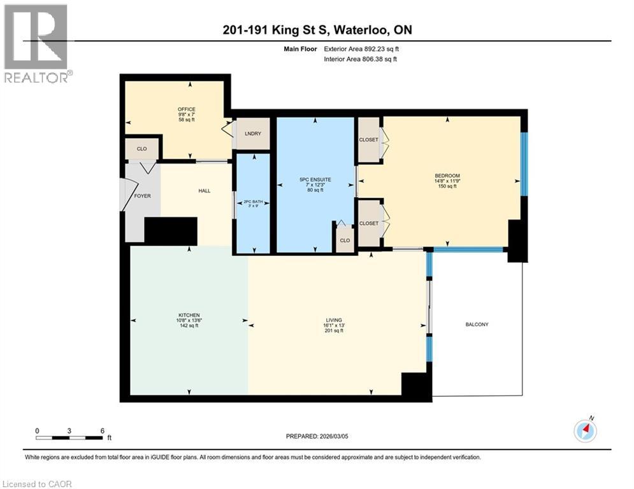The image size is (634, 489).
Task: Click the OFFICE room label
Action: [186, 109]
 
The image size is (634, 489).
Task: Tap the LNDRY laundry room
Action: [253, 134]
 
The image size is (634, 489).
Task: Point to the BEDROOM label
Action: [447, 176]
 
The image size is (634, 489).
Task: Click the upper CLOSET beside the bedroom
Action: [368, 139]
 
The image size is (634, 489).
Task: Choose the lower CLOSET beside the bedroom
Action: [368, 223]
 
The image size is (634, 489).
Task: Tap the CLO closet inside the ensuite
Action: [345, 240]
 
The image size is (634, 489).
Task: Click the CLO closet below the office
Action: [141, 148]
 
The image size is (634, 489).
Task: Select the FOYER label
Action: [143, 195]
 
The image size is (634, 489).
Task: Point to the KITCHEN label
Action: [189, 315]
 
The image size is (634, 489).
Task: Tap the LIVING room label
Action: [334, 320]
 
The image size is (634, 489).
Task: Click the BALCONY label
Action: [476, 324]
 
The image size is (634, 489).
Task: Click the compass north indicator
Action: [585, 430]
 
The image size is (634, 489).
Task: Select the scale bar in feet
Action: [69, 437]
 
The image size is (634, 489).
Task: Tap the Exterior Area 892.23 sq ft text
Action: [362, 48]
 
